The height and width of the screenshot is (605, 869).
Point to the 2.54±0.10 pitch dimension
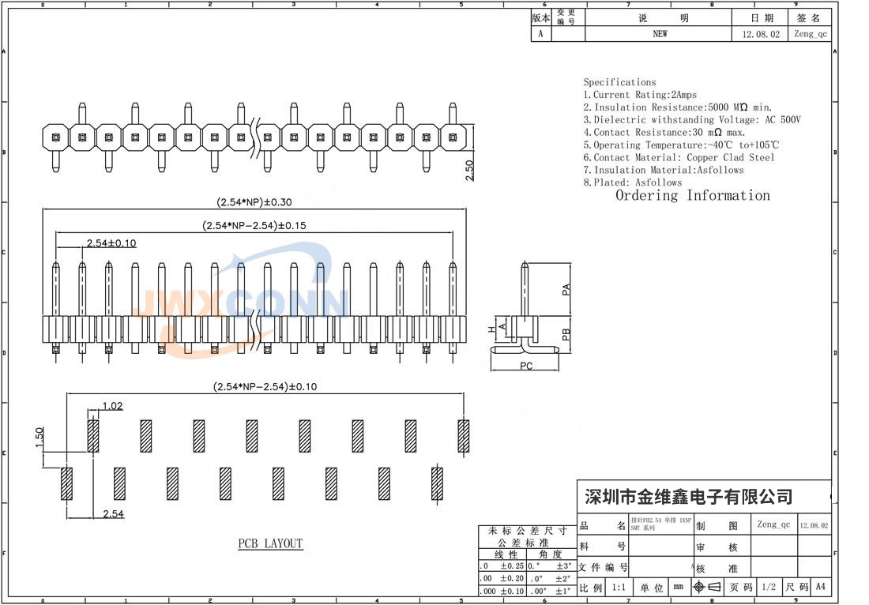(111, 242)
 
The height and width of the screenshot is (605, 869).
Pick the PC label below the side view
(526, 366)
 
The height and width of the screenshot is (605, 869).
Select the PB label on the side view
(566, 333)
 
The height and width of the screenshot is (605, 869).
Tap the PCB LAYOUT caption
(270, 543)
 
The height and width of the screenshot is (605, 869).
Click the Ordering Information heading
(692, 196)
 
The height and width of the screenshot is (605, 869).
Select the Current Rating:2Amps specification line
(640, 95)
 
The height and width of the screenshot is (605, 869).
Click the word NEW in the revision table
(660, 34)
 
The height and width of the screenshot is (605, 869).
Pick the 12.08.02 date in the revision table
(761, 34)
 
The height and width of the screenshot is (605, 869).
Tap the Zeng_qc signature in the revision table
(811, 34)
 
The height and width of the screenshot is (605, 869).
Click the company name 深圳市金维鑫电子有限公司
(687, 497)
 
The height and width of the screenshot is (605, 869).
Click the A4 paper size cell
(821, 587)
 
